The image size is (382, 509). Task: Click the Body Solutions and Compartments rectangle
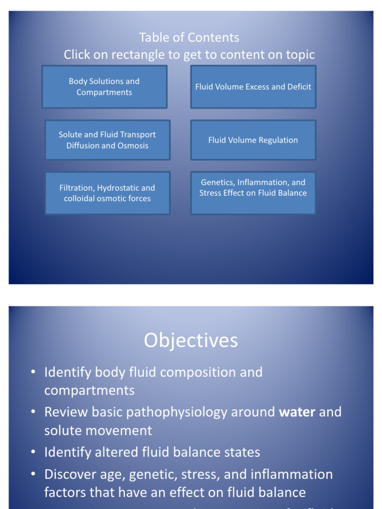[x=104, y=86]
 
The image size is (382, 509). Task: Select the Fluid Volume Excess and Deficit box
[x=253, y=86]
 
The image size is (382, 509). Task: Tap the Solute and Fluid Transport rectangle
[x=107, y=140]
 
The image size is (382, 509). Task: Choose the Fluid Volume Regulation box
[x=253, y=140]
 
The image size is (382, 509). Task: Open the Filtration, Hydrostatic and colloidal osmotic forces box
[x=107, y=193]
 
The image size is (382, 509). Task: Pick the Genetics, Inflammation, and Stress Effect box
[x=253, y=193]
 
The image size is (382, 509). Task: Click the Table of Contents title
[x=189, y=38]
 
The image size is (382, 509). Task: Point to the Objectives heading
[x=191, y=340]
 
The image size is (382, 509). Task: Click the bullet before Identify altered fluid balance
[x=33, y=452]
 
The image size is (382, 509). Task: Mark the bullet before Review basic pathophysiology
[x=33, y=412]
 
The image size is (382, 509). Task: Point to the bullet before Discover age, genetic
[x=33, y=474]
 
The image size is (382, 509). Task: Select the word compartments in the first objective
[x=89, y=391]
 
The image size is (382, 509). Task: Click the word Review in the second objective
[x=63, y=412]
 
